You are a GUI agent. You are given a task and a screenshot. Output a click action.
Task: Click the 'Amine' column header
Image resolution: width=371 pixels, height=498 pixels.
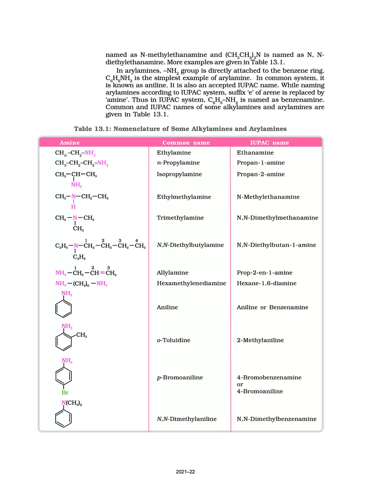(x=70, y=143)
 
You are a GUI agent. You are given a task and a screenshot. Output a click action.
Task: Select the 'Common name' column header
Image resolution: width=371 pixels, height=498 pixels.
(x=186, y=143)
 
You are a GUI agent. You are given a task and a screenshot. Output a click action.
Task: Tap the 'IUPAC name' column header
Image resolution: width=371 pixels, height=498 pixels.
(x=266, y=143)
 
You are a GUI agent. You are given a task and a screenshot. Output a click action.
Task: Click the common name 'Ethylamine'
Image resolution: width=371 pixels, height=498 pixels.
(x=174, y=153)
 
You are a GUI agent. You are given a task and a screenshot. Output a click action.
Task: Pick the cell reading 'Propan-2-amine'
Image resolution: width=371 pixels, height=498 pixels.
(x=261, y=174)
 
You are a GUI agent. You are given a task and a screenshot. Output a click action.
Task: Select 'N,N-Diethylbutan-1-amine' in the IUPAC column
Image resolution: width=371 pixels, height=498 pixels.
(x=276, y=245)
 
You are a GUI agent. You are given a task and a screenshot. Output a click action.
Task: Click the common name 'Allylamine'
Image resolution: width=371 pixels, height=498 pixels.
(x=172, y=273)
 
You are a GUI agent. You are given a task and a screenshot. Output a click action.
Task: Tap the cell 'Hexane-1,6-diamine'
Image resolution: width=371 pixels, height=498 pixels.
(x=266, y=283)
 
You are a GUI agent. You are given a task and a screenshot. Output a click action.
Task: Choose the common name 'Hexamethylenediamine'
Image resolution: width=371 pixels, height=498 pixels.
(x=191, y=283)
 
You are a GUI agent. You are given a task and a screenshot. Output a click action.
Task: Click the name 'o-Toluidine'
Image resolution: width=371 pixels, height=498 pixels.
(x=173, y=340)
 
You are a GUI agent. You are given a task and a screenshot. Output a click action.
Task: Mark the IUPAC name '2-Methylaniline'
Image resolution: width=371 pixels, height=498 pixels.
(x=260, y=340)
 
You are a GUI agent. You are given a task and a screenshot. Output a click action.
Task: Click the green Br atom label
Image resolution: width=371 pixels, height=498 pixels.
(x=65, y=392)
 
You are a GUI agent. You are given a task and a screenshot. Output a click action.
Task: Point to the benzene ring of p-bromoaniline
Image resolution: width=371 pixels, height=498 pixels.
(x=64, y=376)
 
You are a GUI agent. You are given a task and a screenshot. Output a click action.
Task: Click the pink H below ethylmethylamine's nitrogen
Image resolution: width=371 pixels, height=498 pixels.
(x=73, y=207)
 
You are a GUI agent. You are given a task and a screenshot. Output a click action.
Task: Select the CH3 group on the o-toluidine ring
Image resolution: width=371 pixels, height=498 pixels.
(x=82, y=336)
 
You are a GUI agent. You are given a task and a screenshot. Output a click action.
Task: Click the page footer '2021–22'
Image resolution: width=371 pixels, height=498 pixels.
(x=185, y=472)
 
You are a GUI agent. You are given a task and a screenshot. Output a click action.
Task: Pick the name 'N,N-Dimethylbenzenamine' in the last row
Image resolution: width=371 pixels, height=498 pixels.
(x=277, y=419)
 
